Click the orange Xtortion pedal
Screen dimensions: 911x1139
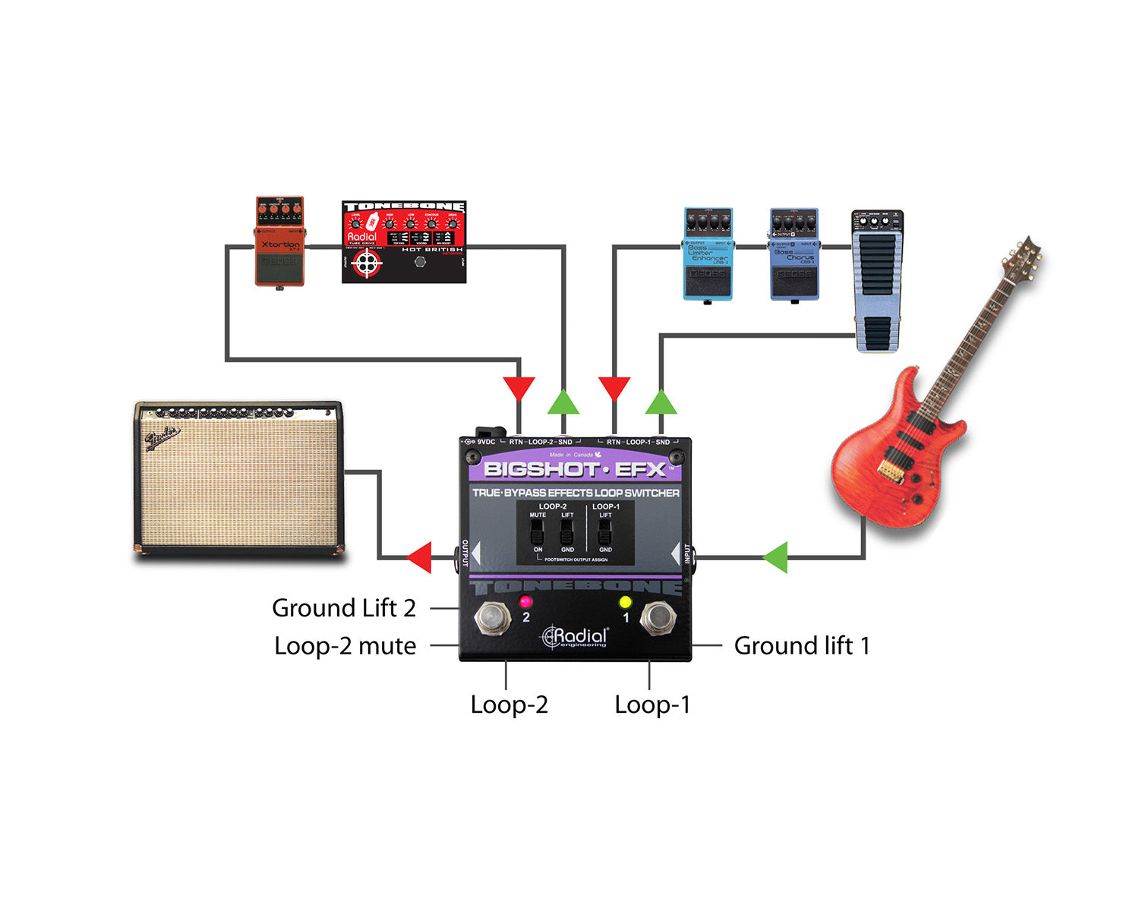(279, 241)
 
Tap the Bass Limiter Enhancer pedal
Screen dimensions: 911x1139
(708, 254)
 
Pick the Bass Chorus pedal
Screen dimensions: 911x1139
(794, 254)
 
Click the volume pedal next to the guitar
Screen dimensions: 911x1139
(878, 281)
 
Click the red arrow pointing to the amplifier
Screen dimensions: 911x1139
(419, 557)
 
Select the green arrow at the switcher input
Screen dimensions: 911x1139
(775, 557)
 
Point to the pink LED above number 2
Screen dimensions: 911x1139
(525, 601)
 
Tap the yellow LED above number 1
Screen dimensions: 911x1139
(625, 602)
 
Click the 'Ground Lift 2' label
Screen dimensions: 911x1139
(344, 608)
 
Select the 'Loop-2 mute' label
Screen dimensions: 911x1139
(345, 646)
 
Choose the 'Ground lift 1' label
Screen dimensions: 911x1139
(802, 646)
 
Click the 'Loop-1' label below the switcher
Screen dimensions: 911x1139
(652, 705)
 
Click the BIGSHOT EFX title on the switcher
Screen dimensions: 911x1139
(575, 469)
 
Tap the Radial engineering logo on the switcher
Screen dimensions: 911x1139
(576, 637)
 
